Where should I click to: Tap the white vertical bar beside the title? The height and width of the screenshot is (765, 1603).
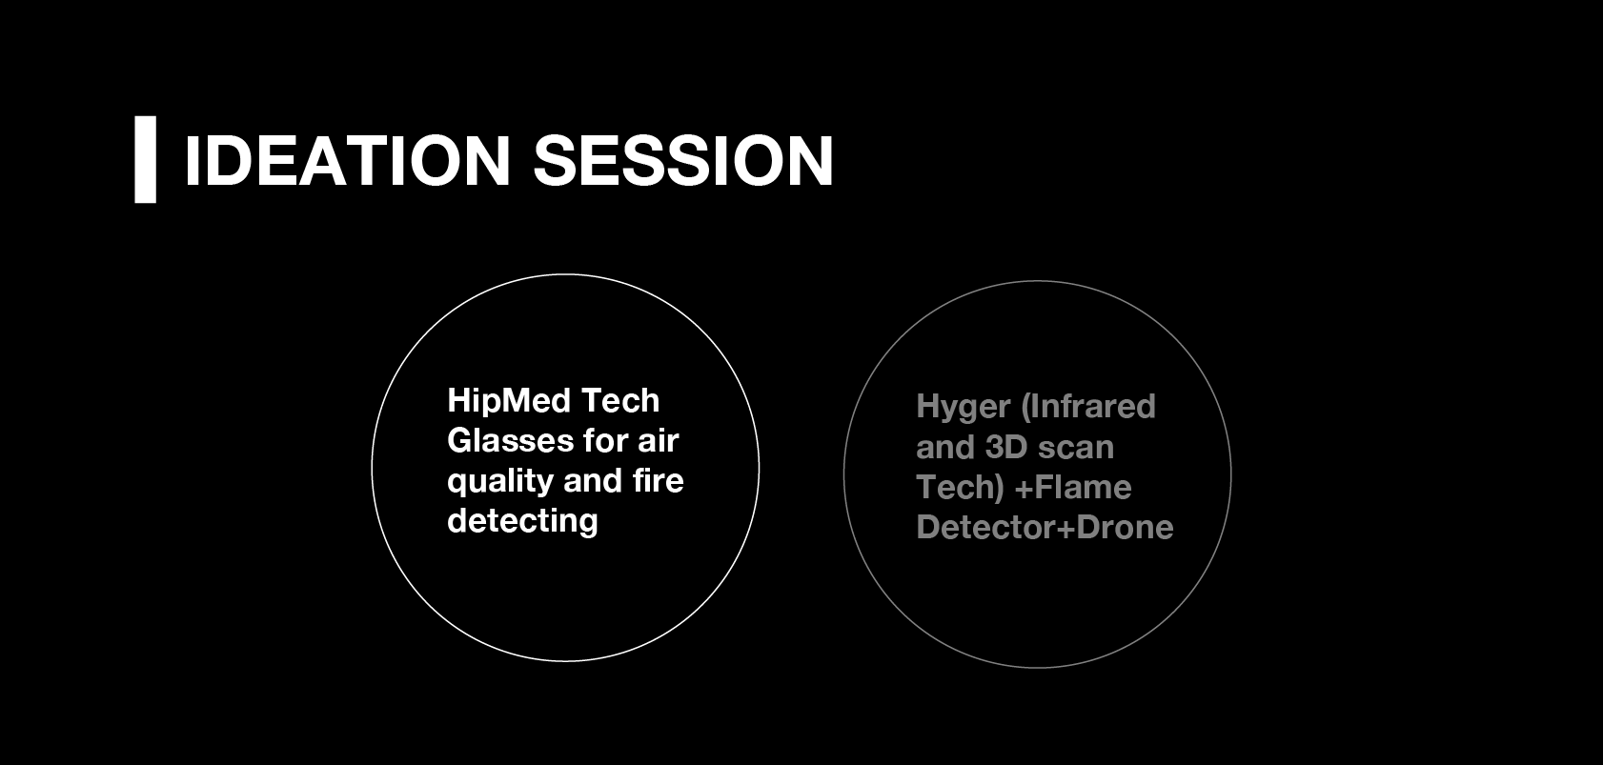tap(145, 160)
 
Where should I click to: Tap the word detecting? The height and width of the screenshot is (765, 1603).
tap(522, 522)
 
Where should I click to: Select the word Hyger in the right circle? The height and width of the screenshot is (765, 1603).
tap(964, 408)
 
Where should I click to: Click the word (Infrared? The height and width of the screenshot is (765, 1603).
tap(1088, 407)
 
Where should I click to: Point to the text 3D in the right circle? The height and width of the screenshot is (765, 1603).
tap(1005, 448)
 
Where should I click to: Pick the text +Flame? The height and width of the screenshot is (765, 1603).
tap(1073, 488)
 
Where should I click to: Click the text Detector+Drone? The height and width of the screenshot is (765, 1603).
tap(1045, 528)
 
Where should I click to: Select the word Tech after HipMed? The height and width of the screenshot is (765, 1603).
tap(619, 401)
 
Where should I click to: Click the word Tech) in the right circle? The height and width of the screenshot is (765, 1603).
tap(961, 488)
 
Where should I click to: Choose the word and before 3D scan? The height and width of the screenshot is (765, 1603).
tap(945, 448)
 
